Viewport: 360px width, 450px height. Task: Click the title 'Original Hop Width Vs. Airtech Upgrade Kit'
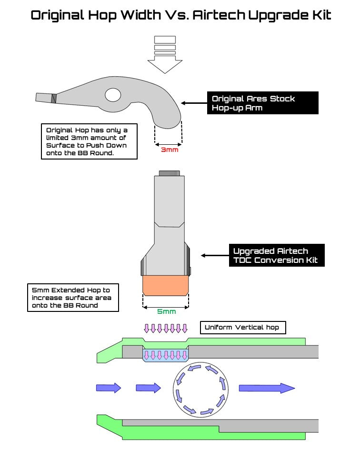pos(181,15)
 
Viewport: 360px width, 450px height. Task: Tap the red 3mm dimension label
pos(169,150)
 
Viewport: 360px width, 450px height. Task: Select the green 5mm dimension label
pos(166,312)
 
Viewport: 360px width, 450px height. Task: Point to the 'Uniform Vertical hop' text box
pos(242,328)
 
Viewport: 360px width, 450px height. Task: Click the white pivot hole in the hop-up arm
pos(113,95)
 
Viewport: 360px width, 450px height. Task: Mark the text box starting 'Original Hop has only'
pos(89,141)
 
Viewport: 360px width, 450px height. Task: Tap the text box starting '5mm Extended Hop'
pos(73,298)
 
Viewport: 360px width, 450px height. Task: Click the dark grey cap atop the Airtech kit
pos(169,173)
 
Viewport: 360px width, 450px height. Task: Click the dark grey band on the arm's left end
pos(54,98)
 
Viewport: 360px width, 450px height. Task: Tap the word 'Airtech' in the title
pos(220,15)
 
